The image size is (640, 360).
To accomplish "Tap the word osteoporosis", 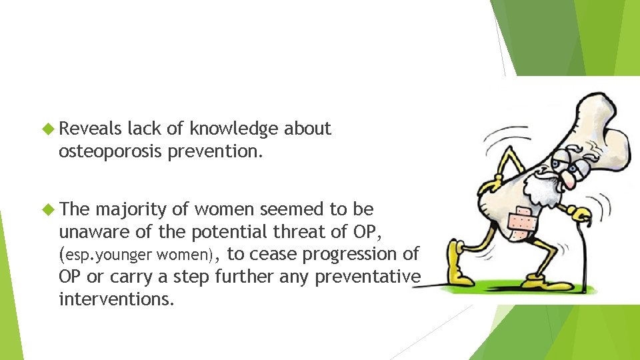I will (x=111, y=151).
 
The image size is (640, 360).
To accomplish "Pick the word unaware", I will (x=87, y=231).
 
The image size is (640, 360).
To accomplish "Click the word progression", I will (x=352, y=254).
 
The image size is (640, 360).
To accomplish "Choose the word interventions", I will (x=117, y=299).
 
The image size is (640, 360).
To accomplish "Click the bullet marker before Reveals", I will (x=49, y=129).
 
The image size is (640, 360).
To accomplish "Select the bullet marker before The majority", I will (x=49, y=209).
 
